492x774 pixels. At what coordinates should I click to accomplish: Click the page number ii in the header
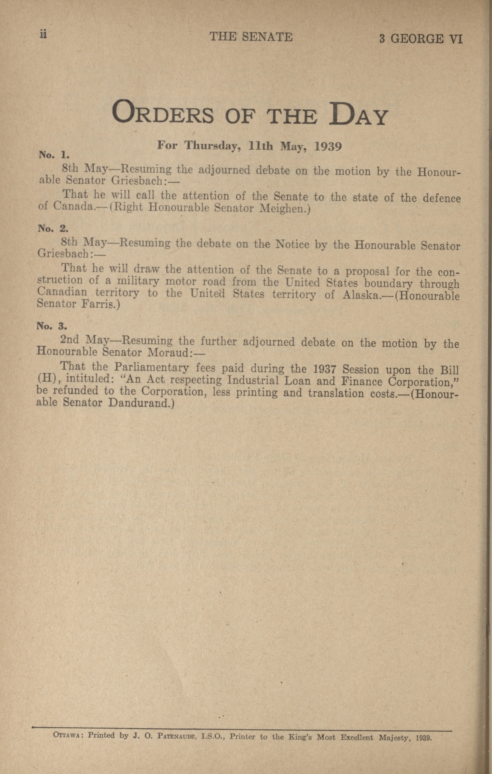[x=43, y=34]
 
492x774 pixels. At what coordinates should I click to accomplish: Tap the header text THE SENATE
[x=251, y=37]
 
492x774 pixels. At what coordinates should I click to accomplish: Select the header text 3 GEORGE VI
[x=420, y=39]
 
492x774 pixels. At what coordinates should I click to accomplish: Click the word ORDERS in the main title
[x=163, y=113]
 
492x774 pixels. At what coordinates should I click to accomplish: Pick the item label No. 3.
[x=52, y=326]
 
